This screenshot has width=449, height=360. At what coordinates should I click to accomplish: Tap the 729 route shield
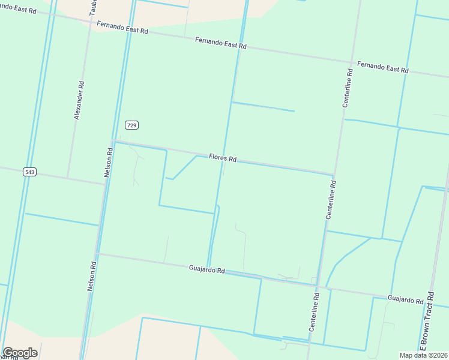[x=132, y=125]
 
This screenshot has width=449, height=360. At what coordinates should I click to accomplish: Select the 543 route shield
[x=30, y=172]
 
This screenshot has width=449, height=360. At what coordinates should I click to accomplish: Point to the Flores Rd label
[x=223, y=158]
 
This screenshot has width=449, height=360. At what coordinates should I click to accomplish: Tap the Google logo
[x=20, y=353]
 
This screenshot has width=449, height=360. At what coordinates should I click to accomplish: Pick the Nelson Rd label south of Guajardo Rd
[x=92, y=276]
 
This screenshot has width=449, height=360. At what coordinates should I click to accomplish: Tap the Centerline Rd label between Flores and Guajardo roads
[x=331, y=199]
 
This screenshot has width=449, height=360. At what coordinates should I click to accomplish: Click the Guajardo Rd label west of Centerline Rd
[x=206, y=269]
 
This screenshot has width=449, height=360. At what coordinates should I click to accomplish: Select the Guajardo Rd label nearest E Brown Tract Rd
[x=406, y=298]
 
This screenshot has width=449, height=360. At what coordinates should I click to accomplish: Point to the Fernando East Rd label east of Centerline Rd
[x=382, y=67]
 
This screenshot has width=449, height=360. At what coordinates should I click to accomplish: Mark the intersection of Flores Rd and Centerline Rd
[x=334, y=175]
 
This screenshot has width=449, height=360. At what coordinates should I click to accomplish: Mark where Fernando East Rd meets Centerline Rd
[x=351, y=61]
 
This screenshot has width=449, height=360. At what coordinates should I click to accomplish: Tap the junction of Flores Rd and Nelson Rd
[x=112, y=142]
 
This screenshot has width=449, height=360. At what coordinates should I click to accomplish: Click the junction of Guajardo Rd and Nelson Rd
[x=98, y=254]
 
